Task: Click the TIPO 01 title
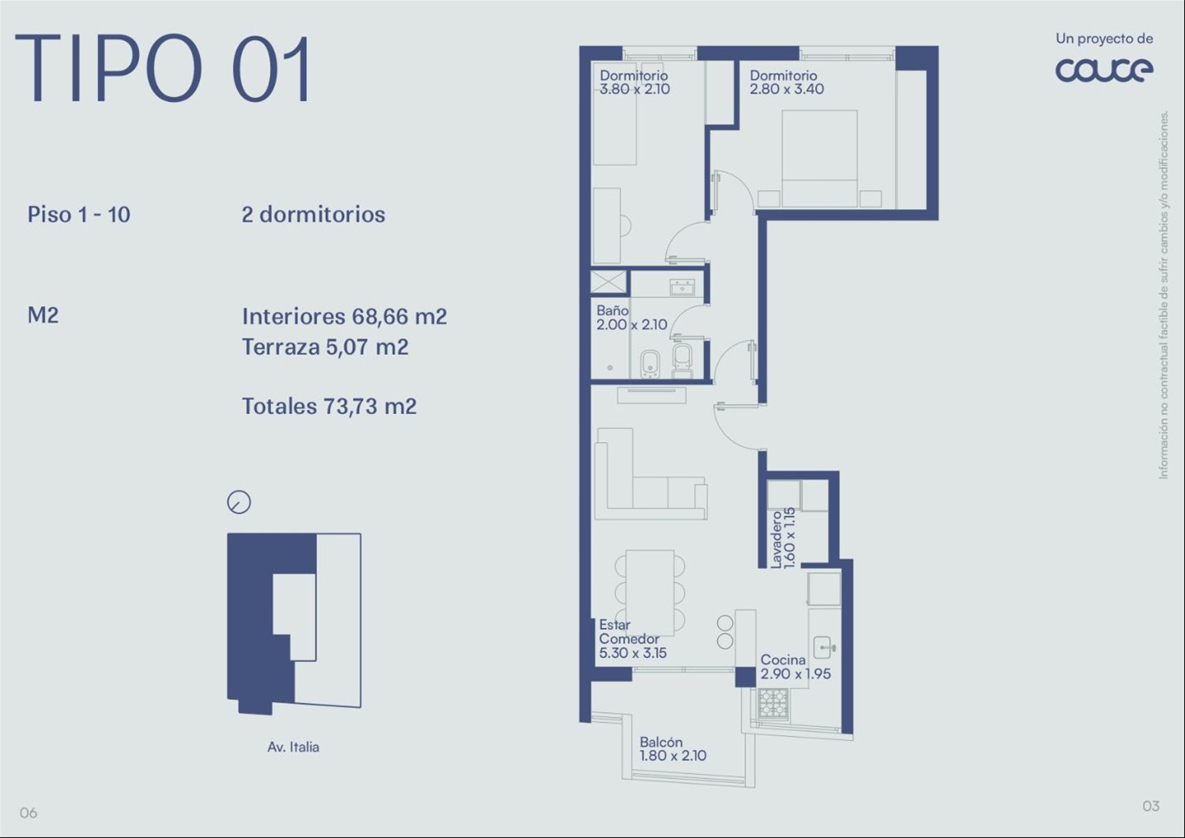tap(163, 69)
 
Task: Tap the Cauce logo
tap(1104, 70)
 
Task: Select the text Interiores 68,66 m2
tap(344, 317)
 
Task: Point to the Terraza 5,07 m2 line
tap(325, 348)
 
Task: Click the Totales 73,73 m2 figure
tap(329, 407)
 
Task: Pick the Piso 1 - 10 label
tap(79, 214)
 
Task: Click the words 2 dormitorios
tap(313, 214)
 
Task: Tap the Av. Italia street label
tap(293, 747)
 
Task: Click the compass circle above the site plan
tap(239, 502)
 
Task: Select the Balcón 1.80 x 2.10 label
tap(673, 748)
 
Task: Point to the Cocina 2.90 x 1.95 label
tap(795, 666)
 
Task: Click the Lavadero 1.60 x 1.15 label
tap(783, 538)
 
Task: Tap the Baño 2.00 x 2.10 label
tap(632, 317)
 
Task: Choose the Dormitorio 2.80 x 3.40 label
tap(787, 82)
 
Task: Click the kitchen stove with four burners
tap(774, 703)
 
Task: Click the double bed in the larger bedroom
tap(819, 158)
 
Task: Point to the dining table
tap(649, 592)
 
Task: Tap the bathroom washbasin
tap(682, 287)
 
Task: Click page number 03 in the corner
tap(1151, 806)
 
